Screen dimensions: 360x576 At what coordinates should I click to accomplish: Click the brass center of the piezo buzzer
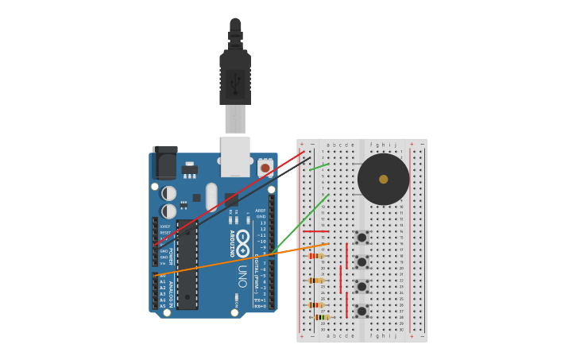pos(384,180)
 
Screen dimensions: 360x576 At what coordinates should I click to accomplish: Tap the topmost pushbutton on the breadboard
pos(361,238)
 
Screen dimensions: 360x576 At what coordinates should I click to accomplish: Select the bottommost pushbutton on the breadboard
pos(361,311)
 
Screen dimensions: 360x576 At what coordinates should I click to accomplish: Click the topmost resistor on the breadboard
pos(315,256)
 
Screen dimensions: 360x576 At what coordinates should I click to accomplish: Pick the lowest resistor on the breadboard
pos(321,317)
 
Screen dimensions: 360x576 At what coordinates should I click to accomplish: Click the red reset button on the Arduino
pos(265,168)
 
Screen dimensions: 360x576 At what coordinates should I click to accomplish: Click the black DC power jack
pos(164,164)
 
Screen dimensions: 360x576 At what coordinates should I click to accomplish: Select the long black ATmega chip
pos(187,265)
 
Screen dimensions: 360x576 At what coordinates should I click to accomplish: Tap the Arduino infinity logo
pos(242,243)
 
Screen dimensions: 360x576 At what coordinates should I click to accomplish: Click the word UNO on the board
pos(242,276)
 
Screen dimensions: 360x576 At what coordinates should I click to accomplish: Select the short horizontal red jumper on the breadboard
pos(315,231)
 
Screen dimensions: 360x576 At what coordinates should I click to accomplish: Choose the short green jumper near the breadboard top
pos(319,167)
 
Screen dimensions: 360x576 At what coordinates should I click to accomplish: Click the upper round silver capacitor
pos(168,193)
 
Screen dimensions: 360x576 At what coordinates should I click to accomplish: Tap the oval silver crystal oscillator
pos(211,196)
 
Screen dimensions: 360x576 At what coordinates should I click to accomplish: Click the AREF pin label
pos(261,211)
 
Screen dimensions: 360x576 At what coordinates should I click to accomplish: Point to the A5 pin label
pos(163,306)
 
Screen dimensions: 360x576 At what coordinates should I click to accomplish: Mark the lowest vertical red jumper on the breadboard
pos(346,304)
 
